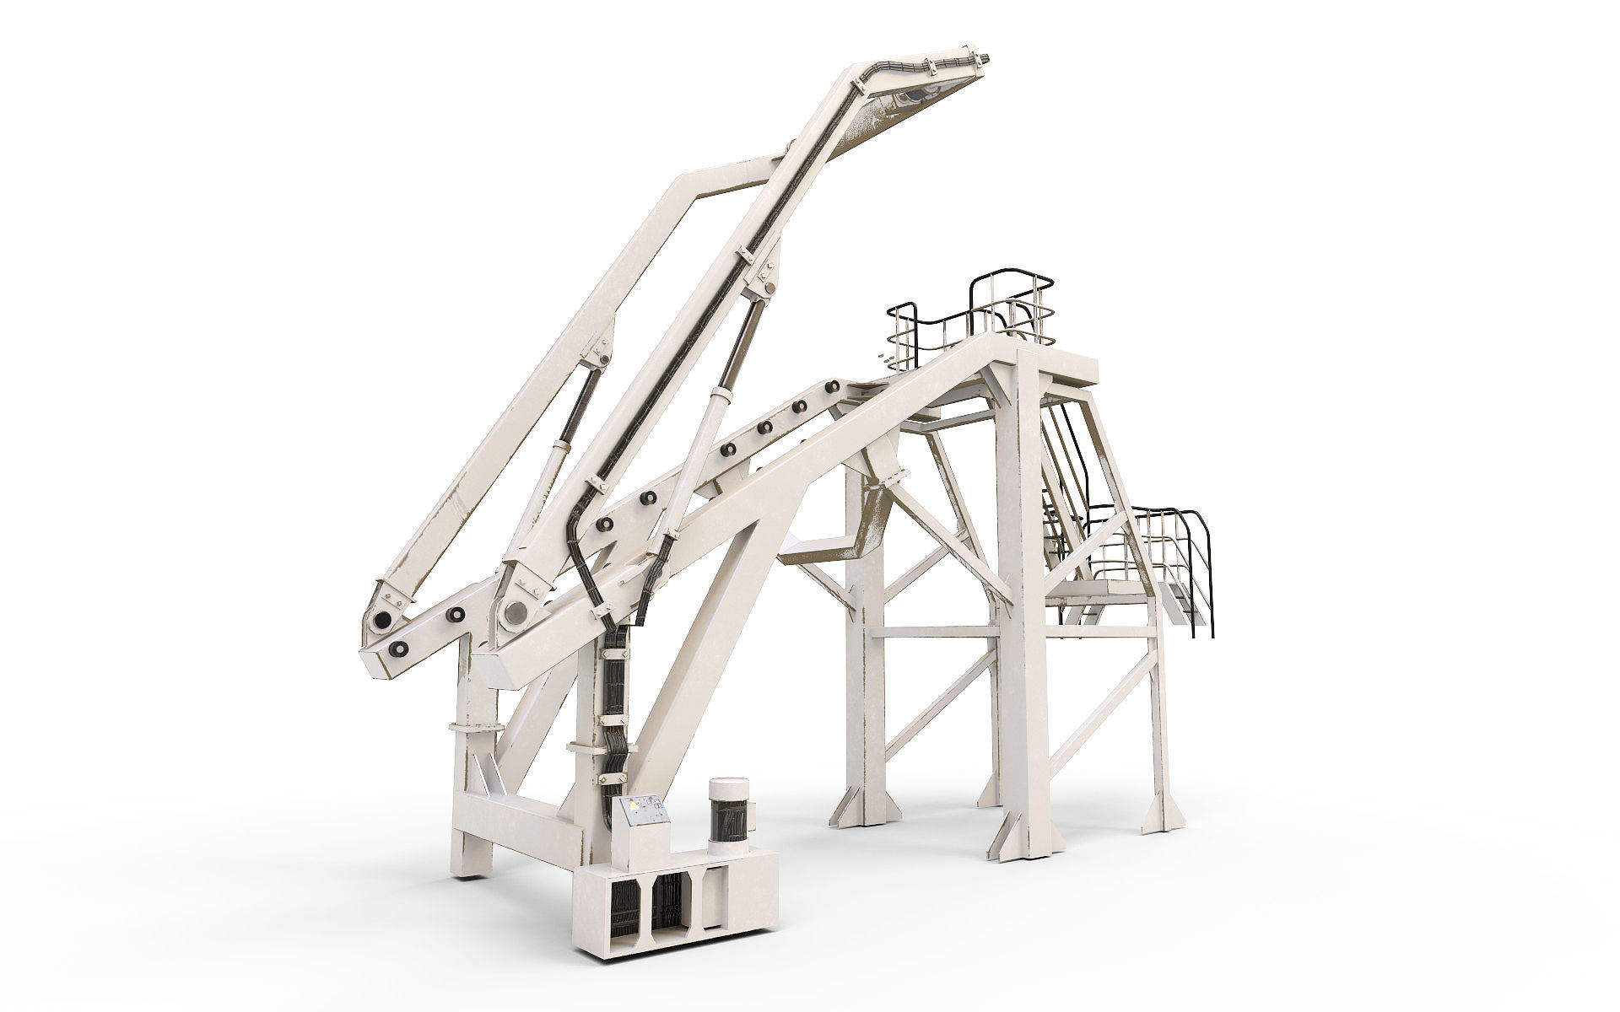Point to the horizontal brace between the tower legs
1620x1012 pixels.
pos(937,630)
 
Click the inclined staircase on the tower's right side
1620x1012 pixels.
pos(1063,472)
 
